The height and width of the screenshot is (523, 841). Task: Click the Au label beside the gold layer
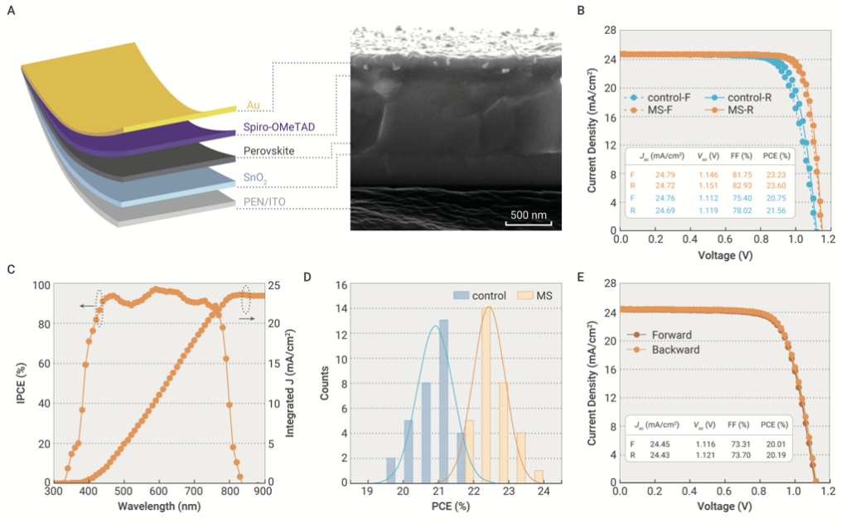coord(254,105)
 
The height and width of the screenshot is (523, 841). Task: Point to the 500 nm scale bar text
coord(528,214)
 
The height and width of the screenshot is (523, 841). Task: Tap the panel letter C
coord(10,268)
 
